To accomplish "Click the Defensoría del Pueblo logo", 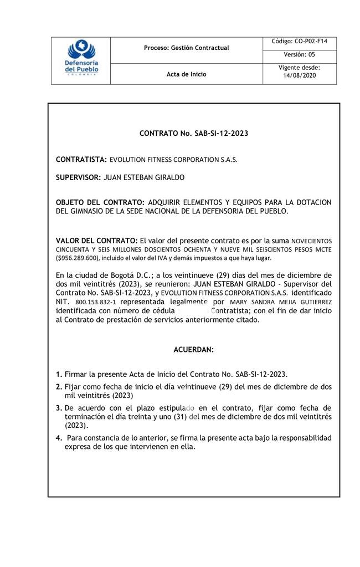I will click(81, 60).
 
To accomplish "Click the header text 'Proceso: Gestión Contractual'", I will click(186, 48).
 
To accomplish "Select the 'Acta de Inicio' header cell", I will click(186, 74).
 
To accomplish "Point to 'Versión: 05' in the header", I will click(299, 55).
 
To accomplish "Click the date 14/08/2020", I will click(299, 76).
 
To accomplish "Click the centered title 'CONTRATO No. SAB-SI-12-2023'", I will click(193, 134).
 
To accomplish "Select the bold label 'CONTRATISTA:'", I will click(81, 160).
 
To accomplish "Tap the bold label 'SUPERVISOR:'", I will click(78, 177).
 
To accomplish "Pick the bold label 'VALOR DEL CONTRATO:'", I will click(97, 241).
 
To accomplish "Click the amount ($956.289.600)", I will click(78, 258).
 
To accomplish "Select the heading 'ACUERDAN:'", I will click(193, 350).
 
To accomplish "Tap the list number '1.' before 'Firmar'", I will click(59, 374).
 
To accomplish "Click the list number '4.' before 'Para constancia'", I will click(59, 438).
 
